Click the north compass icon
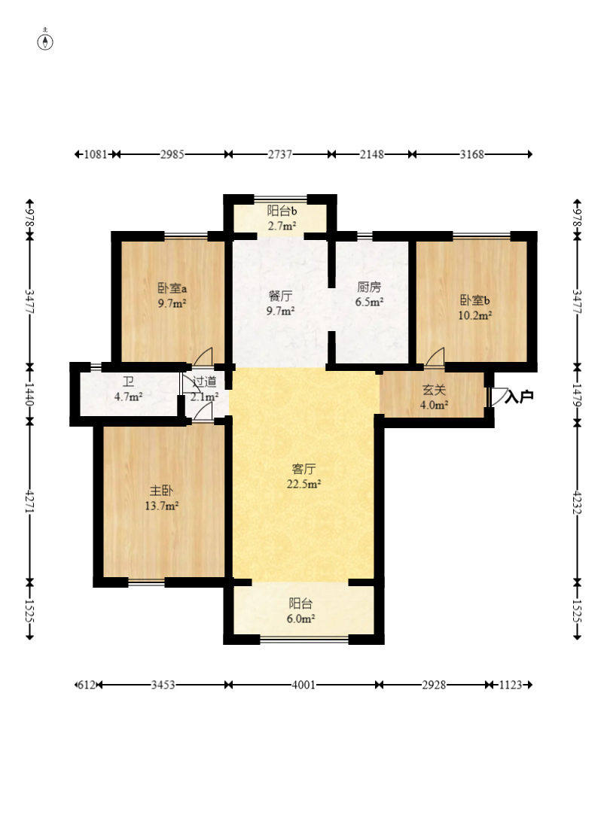pos(45,40)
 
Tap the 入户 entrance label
pos(519,397)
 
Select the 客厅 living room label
pos(303,470)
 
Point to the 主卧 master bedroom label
pos(161,490)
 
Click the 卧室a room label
pos(172,288)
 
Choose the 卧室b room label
pos(474,300)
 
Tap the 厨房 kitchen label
pos(369,287)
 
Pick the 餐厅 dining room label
pos(280,296)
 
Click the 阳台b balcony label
pos(282,211)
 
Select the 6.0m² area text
pos(300,619)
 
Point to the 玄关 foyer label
pos(434,391)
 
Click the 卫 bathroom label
pos(128,382)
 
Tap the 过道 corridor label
pos(204,382)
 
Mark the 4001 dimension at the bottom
pos(303,685)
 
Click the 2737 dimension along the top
pos(279,154)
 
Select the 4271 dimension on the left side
pos(30,502)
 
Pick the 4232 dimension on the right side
pos(577,502)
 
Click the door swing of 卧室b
pos(435,357)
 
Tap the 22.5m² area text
pos(303,485)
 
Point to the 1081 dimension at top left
pos(96,154)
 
